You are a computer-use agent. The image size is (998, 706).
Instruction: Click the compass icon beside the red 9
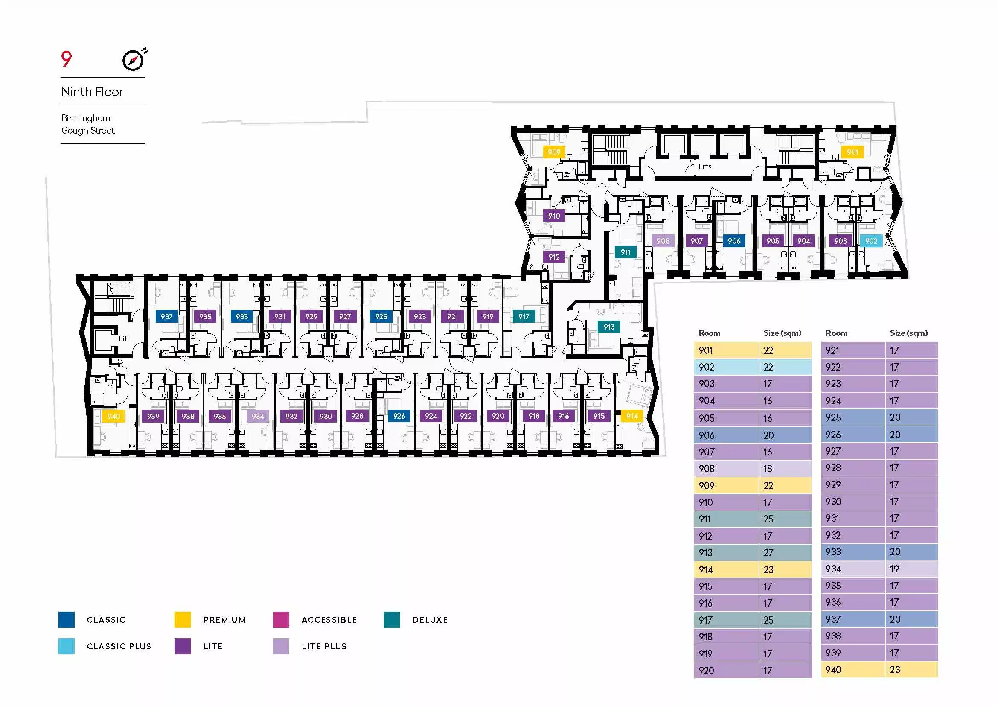tap(134, 60)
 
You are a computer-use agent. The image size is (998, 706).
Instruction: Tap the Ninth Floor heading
tap(92, 92)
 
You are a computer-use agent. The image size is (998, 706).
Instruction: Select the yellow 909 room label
tap(554, 152)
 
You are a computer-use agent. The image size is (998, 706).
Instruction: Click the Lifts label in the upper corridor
tap(705, 166)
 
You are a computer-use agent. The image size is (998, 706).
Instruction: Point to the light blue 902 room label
tap(871, 241)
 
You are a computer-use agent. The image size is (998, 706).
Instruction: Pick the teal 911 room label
tap(626, 252)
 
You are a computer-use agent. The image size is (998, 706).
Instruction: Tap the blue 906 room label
tap(734, 241)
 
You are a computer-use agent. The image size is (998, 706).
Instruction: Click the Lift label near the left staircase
tap(124, 338)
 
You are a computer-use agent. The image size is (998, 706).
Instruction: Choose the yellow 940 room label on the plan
tap(114, 417)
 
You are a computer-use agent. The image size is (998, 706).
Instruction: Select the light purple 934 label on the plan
tap(258, 417)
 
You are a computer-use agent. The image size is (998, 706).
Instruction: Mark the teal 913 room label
tap(609, 327)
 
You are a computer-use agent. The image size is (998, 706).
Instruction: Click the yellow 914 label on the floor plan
tap(632, 417)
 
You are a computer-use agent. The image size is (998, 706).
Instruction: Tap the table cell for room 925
tap(853, 417)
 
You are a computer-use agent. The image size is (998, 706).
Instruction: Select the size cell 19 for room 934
tap(912, 569)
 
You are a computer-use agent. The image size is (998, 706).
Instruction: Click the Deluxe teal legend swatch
tap(392, 619)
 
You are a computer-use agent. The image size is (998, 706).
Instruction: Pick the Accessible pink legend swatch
tap(281, 619)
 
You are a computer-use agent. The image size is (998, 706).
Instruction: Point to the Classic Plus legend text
tap(119, 646)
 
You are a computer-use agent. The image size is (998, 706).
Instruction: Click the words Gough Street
tap(88, 131)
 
